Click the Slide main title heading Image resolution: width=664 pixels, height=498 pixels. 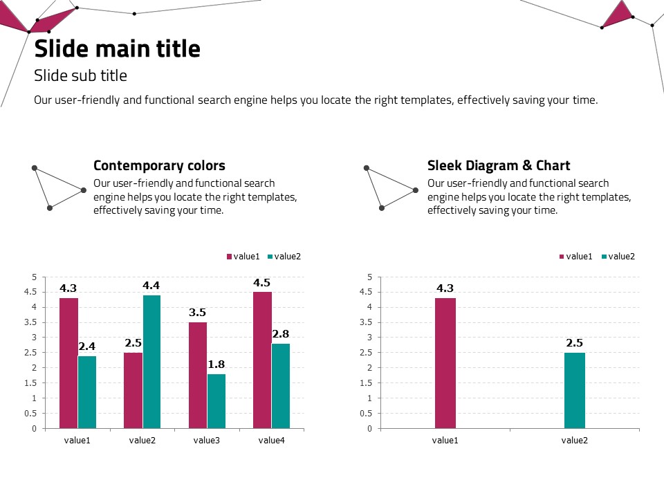[118, 49]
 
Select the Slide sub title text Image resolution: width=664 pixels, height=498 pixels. [80, 75]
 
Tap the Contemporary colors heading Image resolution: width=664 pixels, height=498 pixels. [159, 165]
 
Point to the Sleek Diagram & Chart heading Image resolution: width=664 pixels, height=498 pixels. [499, 165]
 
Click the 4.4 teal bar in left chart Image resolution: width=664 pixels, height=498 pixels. [151, 361]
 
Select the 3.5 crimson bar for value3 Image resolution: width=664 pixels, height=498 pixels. [198, 375]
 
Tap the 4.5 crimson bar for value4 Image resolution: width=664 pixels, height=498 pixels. [262, 360]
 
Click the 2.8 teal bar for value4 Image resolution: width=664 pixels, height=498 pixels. [281, 385]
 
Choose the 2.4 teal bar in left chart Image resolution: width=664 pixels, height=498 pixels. [87, 391]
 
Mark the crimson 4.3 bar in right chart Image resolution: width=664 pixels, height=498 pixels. [445, 362]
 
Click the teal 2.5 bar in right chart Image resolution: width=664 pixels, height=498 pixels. [575, 390]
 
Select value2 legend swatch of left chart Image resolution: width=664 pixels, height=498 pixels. [270, 257]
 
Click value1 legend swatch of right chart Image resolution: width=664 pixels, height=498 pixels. [562, 257]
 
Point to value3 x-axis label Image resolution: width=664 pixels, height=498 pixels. [207, 440]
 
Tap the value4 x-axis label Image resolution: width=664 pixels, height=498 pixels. [272, 440]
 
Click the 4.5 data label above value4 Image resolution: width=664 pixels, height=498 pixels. [262, 282]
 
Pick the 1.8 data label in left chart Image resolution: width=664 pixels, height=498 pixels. [216, 365]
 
